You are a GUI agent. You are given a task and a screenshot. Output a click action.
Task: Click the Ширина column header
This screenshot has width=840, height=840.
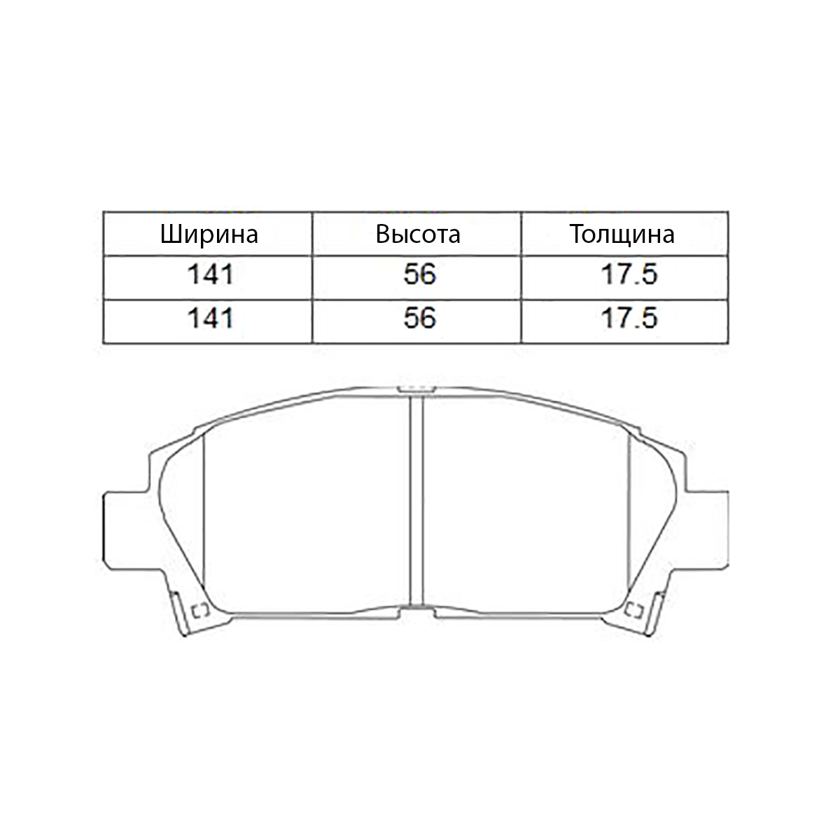[209, 234]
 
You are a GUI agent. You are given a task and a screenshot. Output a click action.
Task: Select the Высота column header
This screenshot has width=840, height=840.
[418, 234]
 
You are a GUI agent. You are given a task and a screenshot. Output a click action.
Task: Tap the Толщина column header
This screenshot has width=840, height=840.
[622, 234]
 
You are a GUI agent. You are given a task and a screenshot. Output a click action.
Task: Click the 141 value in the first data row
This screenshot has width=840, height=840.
[210, 274]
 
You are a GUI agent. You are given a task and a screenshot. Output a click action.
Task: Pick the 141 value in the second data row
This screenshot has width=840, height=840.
[210, 318]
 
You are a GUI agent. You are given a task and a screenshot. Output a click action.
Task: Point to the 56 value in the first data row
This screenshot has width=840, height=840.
[419, 274]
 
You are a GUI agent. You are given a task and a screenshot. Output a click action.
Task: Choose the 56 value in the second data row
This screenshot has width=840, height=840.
[419, 318]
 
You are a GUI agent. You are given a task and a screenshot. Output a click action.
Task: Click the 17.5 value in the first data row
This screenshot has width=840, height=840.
[629, 274]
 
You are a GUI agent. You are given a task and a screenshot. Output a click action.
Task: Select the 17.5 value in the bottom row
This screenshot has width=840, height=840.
[629, 318]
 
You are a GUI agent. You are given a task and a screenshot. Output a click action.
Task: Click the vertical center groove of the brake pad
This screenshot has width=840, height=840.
[416, 501]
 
